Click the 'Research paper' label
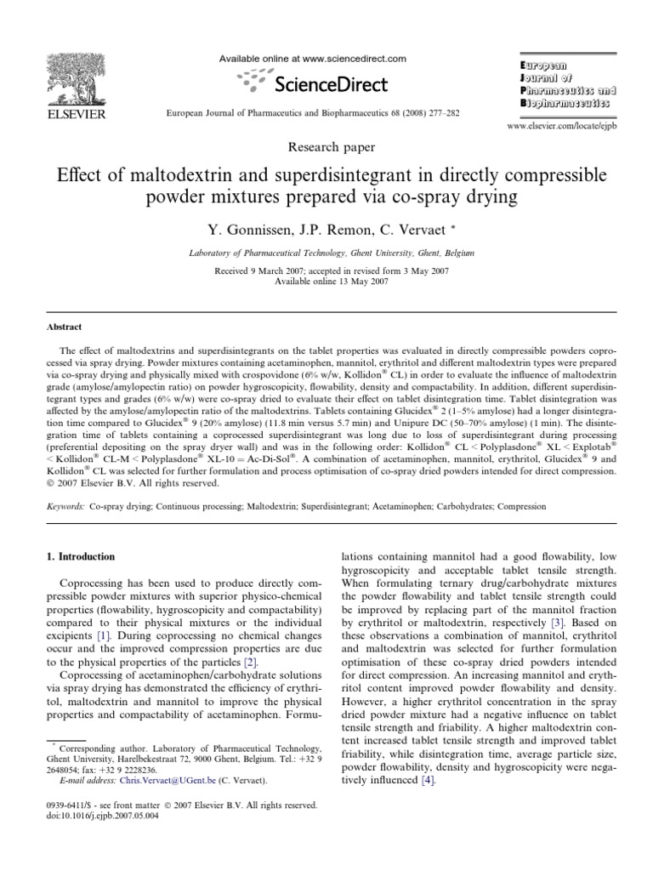pos(326,148)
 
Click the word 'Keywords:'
pos(63,505)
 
